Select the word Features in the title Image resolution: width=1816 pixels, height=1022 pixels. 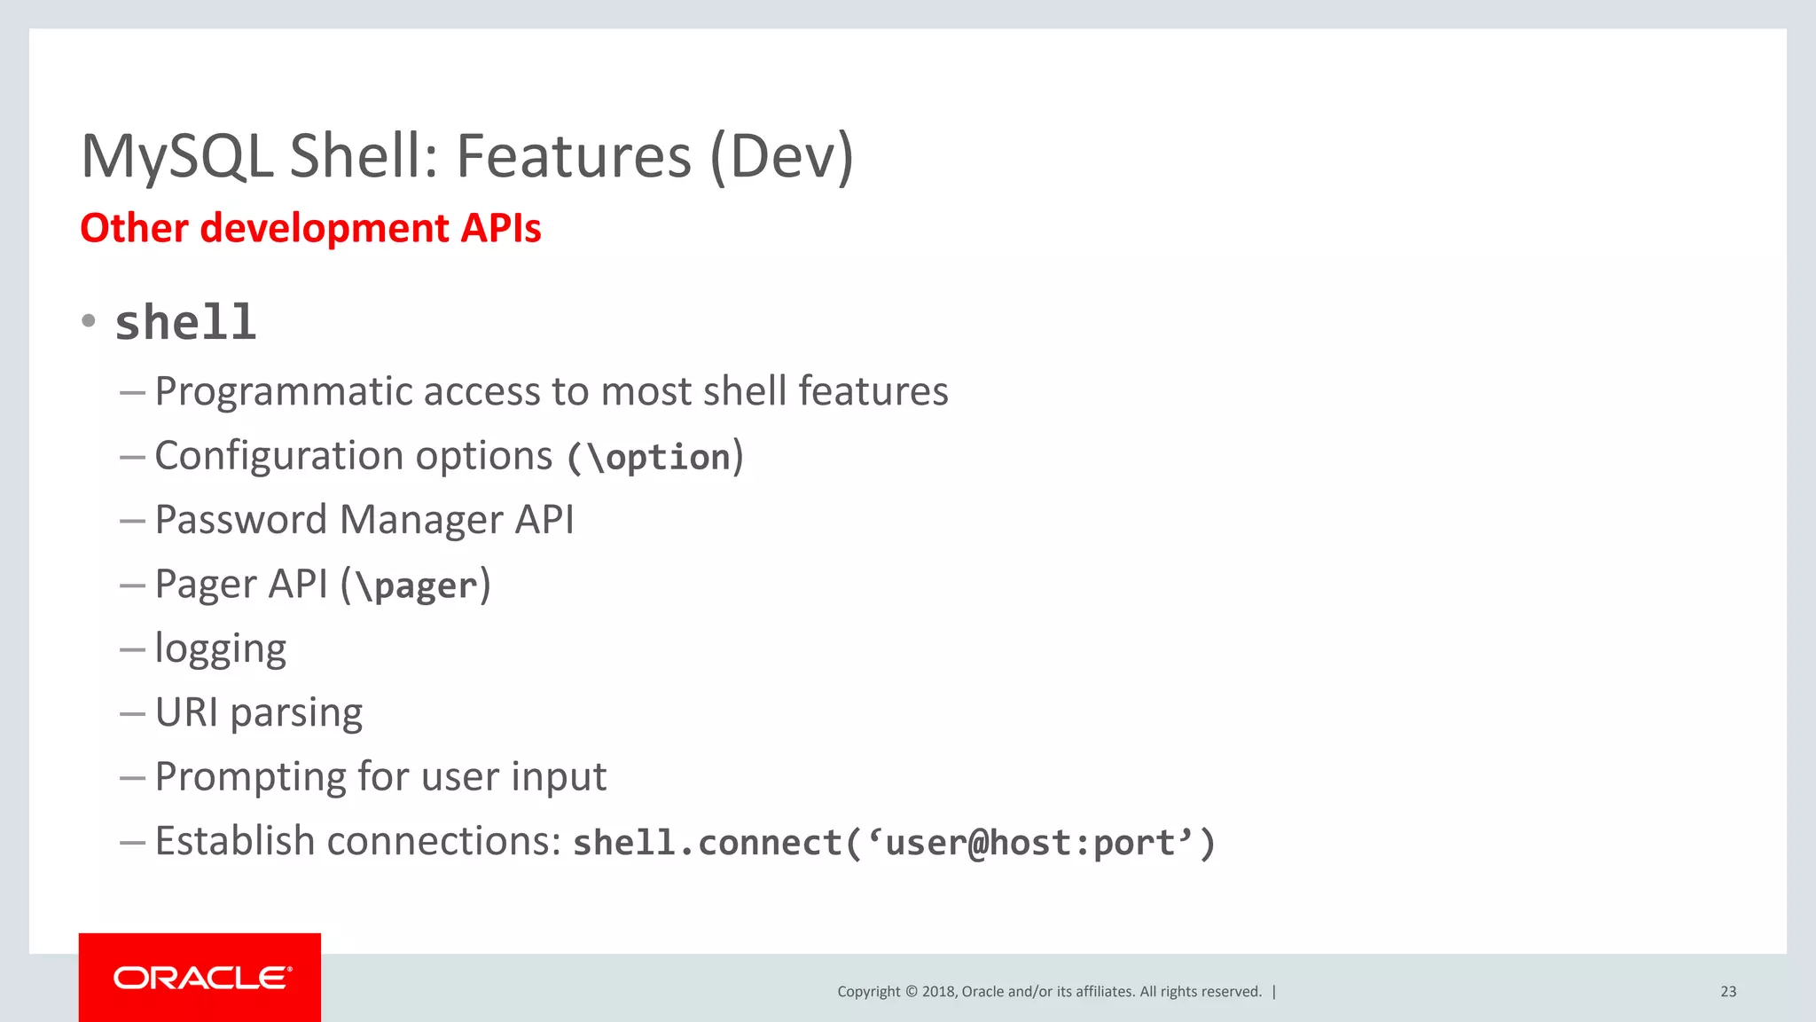pyautogui.click(x=573, y=157)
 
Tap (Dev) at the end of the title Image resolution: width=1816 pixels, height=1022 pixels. pyautogui.click(x=781, y=157)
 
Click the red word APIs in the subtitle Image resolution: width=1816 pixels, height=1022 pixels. pyautogui.click(x=501, y=228)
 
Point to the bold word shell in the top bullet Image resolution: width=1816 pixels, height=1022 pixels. pyautogui.click(x=185, y=322)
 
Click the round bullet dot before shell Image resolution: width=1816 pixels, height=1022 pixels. pyautogui.click(x=88, y=320)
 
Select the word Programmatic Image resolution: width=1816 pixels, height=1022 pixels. pyautogui.click(x=282, y=391)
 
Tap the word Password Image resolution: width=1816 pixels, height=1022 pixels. pyautogui.click(x=240, y=520)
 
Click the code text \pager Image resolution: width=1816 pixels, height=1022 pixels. pyautogui.click(x=417, y=586)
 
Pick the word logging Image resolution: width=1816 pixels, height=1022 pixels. pyautogui.click(x=220, y=649)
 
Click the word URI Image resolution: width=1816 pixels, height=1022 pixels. pyautogui.click(x=186, y=712)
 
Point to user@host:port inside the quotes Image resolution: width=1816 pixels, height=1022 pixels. pyautogui.click(x=1029, y=843)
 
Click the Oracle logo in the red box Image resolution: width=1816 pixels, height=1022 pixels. pyautogui.click(x=201, y=978)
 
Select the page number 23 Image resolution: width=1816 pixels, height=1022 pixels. pyautogui.click(x=1727, y=992)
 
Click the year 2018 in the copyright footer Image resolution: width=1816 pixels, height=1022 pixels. pyautogui.click(x=938, y=992)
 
